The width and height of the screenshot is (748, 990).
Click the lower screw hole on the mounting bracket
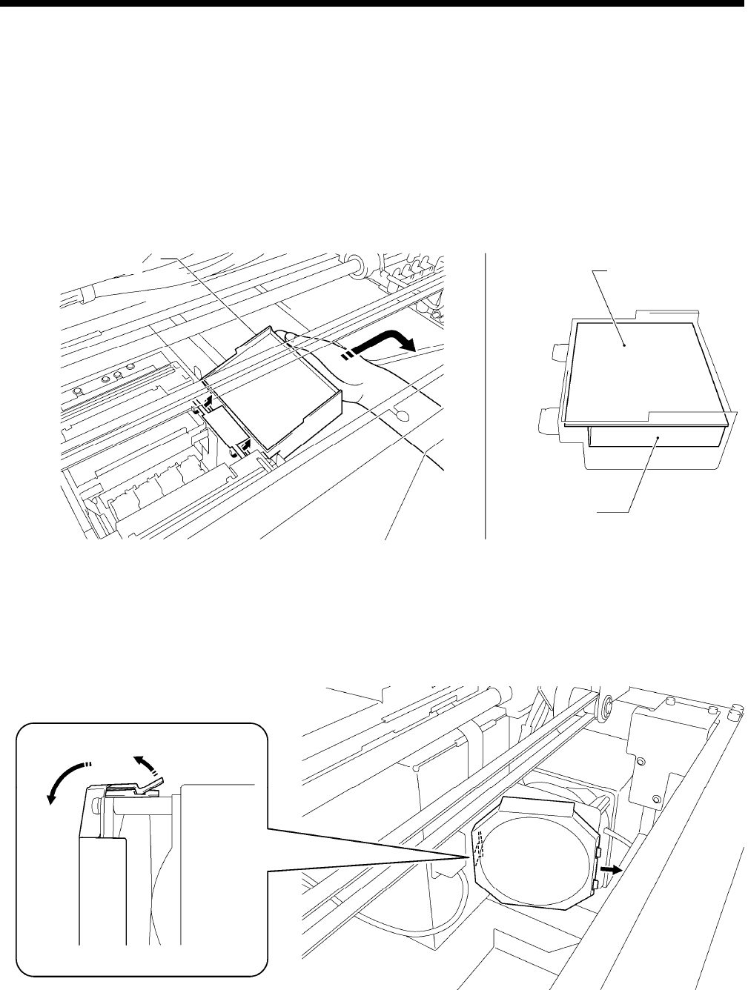coord(656,799)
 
